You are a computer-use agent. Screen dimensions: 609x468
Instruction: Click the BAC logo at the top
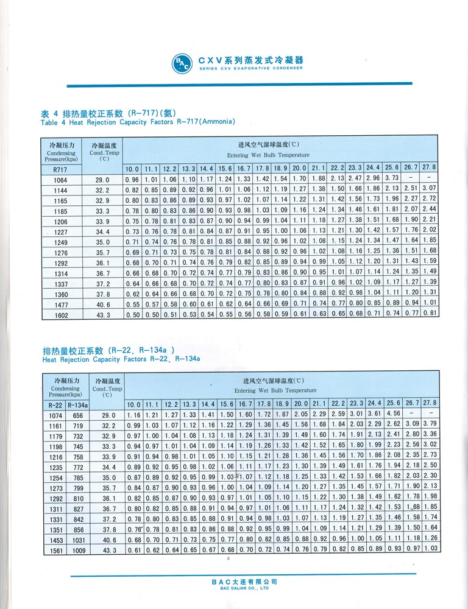pos(182,63)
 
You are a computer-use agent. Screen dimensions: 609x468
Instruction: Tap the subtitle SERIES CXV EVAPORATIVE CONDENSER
pos(250,69)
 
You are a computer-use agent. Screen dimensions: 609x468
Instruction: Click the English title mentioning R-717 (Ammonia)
pos(138,121)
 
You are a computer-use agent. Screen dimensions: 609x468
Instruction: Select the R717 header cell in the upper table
pos(60,169)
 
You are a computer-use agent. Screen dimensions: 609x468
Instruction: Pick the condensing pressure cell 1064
pos(60,180)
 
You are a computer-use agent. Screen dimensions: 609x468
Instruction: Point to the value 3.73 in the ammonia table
pos(391,179)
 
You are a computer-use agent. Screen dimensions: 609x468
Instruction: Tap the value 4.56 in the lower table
pos(391,414)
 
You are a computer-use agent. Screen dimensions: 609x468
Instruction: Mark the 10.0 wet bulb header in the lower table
pos(133,404)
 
